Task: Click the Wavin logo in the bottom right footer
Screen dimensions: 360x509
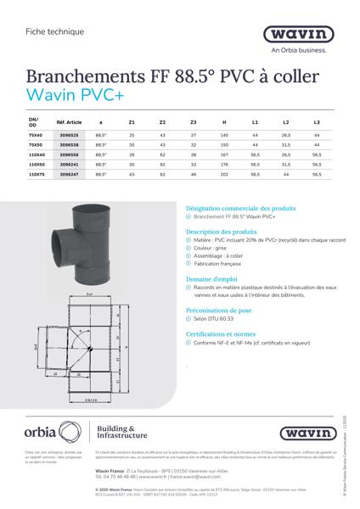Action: pyautogui.click(x=302, y=433)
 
